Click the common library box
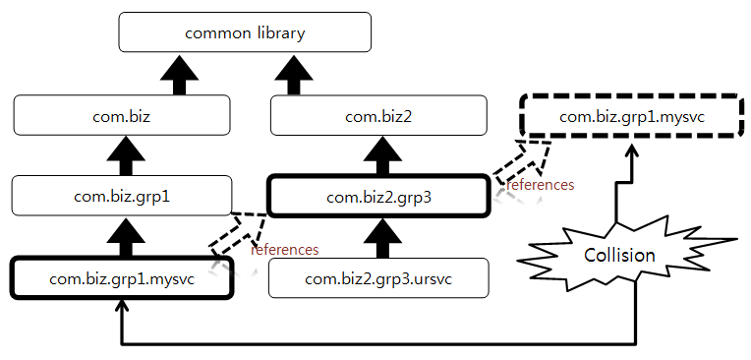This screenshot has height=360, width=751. (x=245, y=32)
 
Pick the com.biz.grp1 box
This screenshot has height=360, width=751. (x=121, y=196)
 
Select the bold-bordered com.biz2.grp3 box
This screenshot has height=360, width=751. (x=378, y=196)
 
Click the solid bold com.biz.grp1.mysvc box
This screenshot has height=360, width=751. (x=121, y=278)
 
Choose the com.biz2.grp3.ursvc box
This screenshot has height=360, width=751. (x=378, y=278)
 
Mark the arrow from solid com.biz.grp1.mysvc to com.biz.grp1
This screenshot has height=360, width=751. (x=121, y=236)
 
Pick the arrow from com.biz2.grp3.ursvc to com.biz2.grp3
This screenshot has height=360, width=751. (x=378, y=236)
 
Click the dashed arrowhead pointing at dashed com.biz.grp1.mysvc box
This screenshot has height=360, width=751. (x=536, y=150)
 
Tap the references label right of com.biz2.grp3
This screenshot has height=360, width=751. (x=539, y=184)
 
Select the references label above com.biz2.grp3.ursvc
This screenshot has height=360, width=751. (x=284, y=250)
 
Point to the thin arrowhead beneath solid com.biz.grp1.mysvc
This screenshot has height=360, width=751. (x=121, y=308)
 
